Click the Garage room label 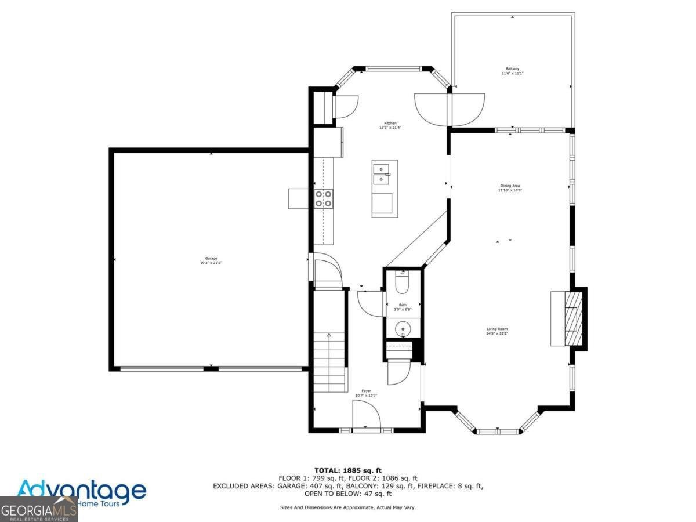pos(211,260)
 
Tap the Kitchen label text pos(390,125)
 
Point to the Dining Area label pos(510,187)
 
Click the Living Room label pos(497,331)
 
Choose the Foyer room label pos(366,393)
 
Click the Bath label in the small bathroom pos(403,307)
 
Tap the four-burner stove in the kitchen pos(324,199)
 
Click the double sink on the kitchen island pos(382,173)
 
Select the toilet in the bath pos(403,284)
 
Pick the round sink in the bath pos(403,329)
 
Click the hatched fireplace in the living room pos(574,318)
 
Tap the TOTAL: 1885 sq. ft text pos(348,470)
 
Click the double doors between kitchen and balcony pos(449,108)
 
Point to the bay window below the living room pos(498,426)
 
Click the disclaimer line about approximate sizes pos(347,507)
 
